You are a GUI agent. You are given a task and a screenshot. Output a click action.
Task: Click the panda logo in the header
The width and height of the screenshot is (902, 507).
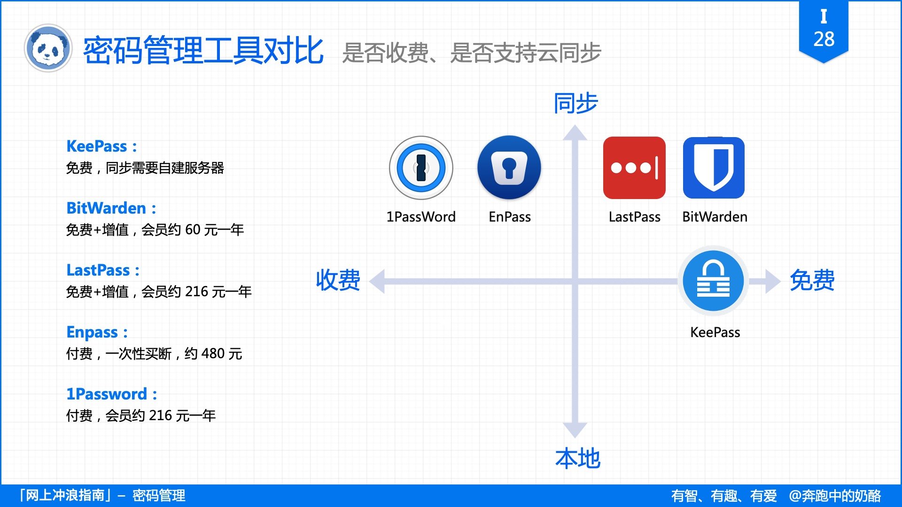coord(47,48)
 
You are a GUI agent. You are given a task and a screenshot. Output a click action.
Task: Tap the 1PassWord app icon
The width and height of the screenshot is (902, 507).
coord(421,168)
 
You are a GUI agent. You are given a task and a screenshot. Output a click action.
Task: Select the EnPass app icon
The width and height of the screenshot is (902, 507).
coord(509,168)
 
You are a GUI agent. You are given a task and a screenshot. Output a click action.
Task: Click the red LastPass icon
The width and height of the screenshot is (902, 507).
coord(634,168)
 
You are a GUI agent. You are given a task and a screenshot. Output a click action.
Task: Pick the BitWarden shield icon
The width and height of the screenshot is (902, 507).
coord(714,168)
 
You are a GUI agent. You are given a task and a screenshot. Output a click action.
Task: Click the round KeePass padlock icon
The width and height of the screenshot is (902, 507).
coord(713,281)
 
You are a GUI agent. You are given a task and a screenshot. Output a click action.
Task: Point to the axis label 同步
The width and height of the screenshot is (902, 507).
coord(575,103)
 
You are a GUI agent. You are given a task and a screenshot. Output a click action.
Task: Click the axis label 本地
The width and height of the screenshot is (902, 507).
coord(577,458)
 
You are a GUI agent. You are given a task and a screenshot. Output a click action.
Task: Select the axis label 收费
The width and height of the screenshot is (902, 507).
coord(338,280)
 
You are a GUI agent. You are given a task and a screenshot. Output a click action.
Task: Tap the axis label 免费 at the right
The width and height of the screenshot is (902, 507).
coord(812,280)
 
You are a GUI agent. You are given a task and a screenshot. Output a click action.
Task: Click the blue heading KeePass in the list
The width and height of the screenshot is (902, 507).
coord(97,146)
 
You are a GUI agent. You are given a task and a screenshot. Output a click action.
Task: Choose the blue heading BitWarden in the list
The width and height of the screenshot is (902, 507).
coord(106,208)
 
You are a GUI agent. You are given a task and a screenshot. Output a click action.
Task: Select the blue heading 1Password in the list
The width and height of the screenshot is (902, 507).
coord(107,394)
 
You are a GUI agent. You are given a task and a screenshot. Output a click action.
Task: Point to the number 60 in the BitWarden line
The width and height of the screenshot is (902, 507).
coord(193,230)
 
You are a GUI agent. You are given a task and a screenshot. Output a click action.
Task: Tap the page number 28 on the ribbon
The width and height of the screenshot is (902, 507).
coord(824,39)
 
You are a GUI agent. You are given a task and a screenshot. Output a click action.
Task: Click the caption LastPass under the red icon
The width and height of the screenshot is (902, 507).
coord(634,217)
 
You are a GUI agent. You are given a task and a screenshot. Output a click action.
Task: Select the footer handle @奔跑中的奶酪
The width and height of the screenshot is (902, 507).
coord(835,496)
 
